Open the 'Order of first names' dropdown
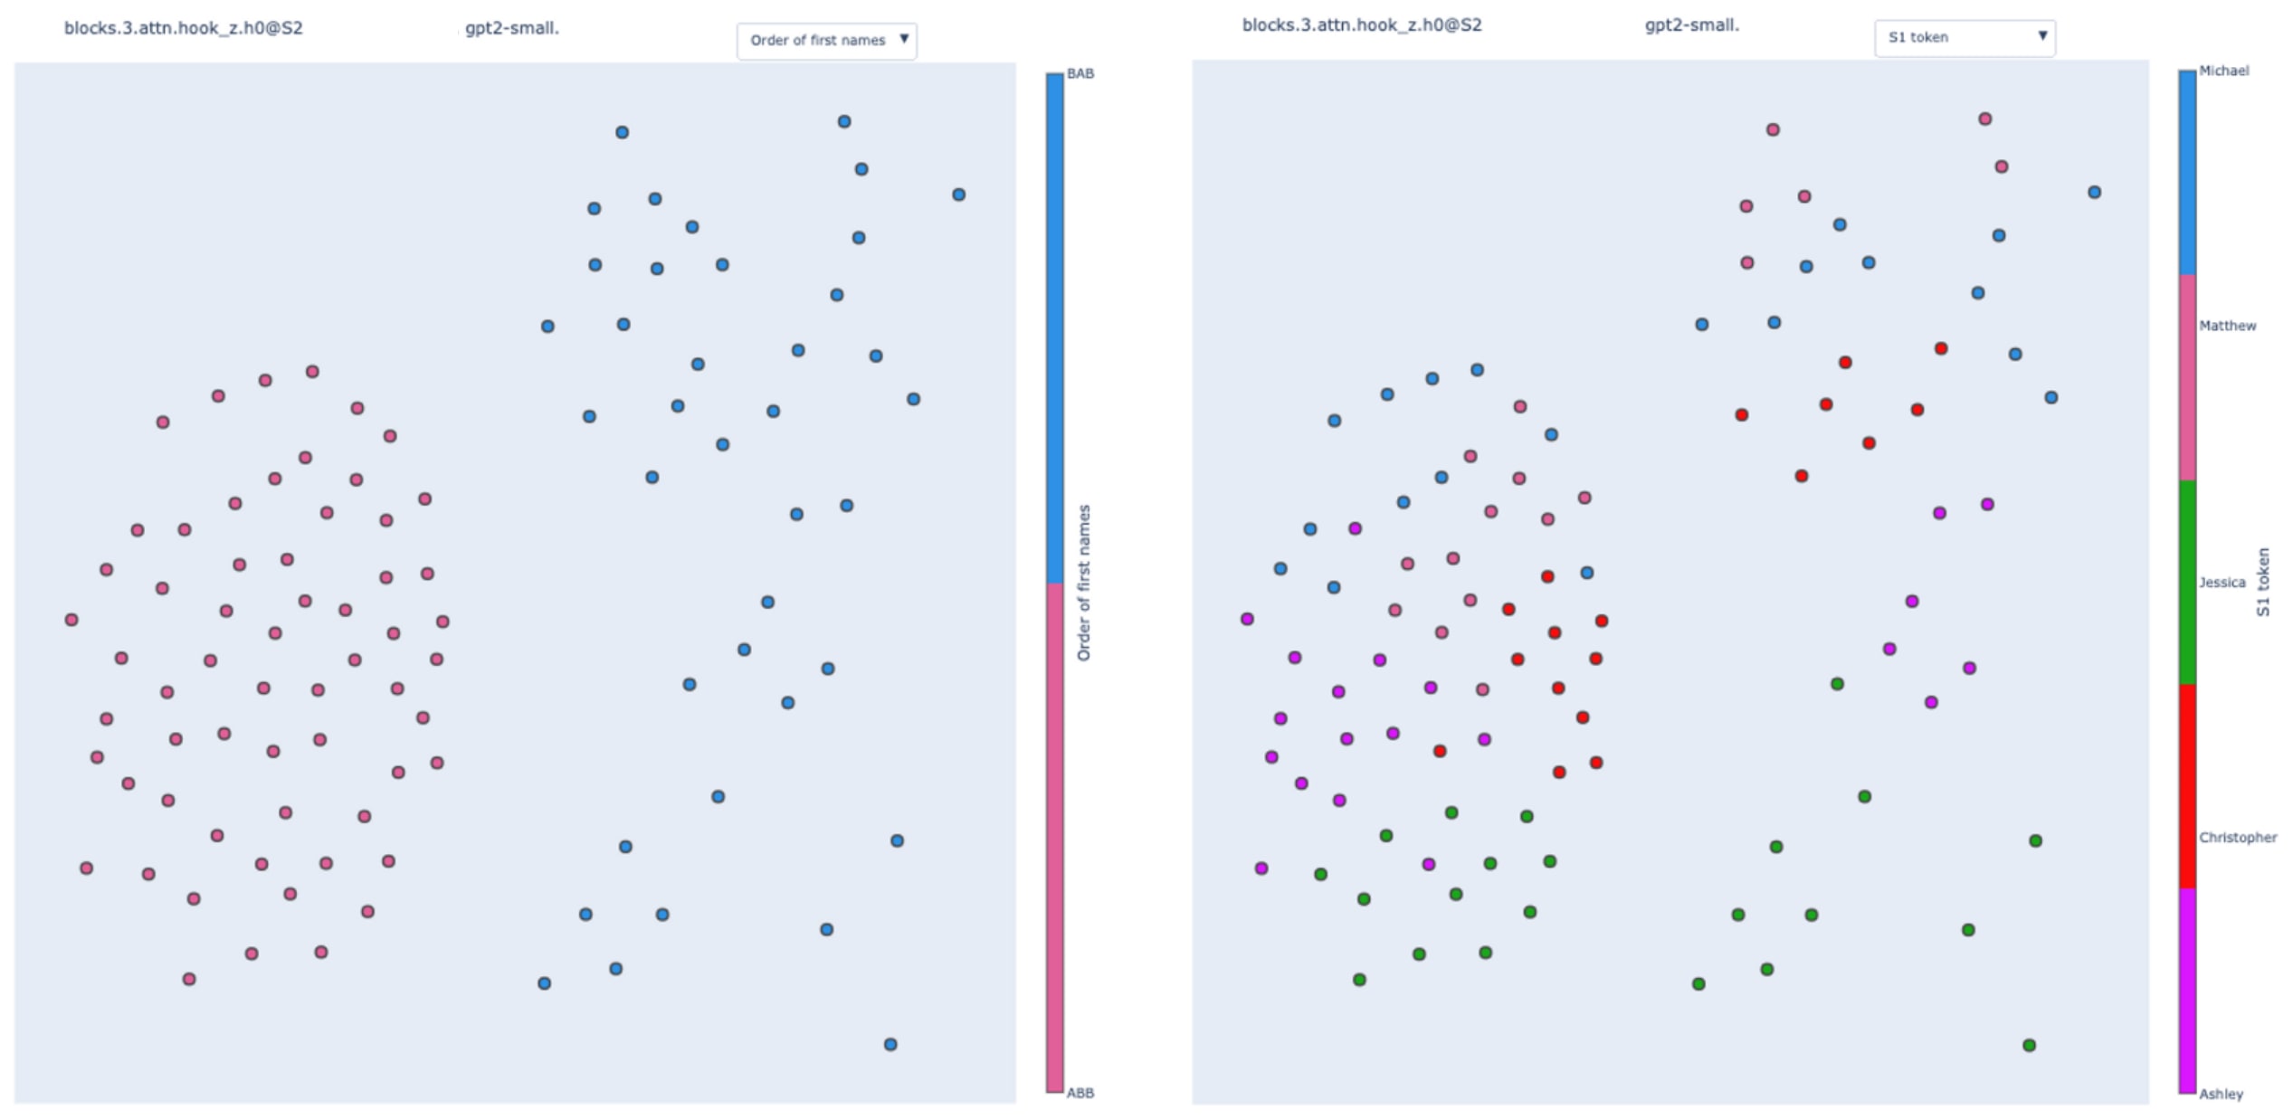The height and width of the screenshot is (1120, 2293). tap(826, 41)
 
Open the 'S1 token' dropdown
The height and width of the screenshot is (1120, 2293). tap(1964, 38)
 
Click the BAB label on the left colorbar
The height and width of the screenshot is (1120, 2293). tap(1080, 74)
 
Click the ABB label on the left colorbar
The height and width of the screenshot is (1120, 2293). tap(1080, 1093)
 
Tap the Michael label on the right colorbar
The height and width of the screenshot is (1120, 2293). tap(2223, 71)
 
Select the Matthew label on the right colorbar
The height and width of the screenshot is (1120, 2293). tap(2227, 326)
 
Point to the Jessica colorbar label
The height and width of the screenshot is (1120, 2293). tap(2222, 583)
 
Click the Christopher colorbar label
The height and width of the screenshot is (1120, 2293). tap(2237, 838)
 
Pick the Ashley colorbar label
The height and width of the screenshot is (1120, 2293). tap(2221, 1095)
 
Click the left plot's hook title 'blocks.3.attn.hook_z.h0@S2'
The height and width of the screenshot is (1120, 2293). tap(183, 28)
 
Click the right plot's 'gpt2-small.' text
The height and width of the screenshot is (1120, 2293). tap(1691, 25)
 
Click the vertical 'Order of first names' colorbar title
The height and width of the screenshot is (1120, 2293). tap(1083, 583)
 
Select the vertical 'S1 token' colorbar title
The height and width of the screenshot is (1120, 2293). tap(2262, 583)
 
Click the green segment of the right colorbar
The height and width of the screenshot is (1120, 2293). tap(2186, 583)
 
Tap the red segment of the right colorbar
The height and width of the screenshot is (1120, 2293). tap(2186, 785)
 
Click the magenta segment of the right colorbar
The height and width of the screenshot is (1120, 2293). tap(2186, 991)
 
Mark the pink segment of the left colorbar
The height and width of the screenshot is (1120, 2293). tap(1054, 837)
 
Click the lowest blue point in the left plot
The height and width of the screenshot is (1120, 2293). tap(890, 1045)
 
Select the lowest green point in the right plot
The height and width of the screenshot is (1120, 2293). tap(2029, 1046)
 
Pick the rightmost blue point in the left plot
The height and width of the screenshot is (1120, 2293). tap(958, 195)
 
